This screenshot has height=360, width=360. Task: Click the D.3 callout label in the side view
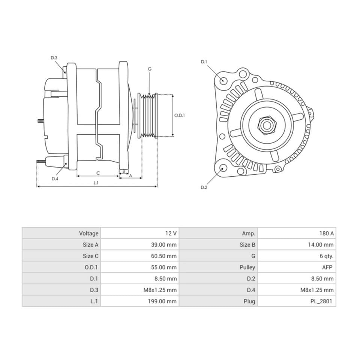tap(54, 58)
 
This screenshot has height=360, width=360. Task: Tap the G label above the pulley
tap(149, 69)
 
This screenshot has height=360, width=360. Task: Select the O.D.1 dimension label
tap(180, 115)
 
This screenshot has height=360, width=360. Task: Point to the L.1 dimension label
tap(96, 183)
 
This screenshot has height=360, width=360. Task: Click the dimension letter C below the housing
tap(98, 173)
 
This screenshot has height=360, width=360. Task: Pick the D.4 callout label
tap(55, 178)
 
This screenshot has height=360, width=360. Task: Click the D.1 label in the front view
tap(204, 61)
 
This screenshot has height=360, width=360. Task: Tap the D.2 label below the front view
tap(204, 187)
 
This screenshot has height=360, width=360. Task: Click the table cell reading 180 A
tap(326, 233)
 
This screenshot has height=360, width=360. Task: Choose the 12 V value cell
tap(171, 233)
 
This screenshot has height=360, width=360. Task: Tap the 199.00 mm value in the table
tap(162, 301)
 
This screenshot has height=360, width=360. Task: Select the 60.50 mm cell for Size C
tap(163, 256)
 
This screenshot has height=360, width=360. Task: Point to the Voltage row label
tap(88, 233)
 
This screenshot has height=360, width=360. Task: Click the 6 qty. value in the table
tap(325, 256)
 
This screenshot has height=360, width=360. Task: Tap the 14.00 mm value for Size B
tap(319, 245)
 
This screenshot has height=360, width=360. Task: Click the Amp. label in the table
tap(248, 233)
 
